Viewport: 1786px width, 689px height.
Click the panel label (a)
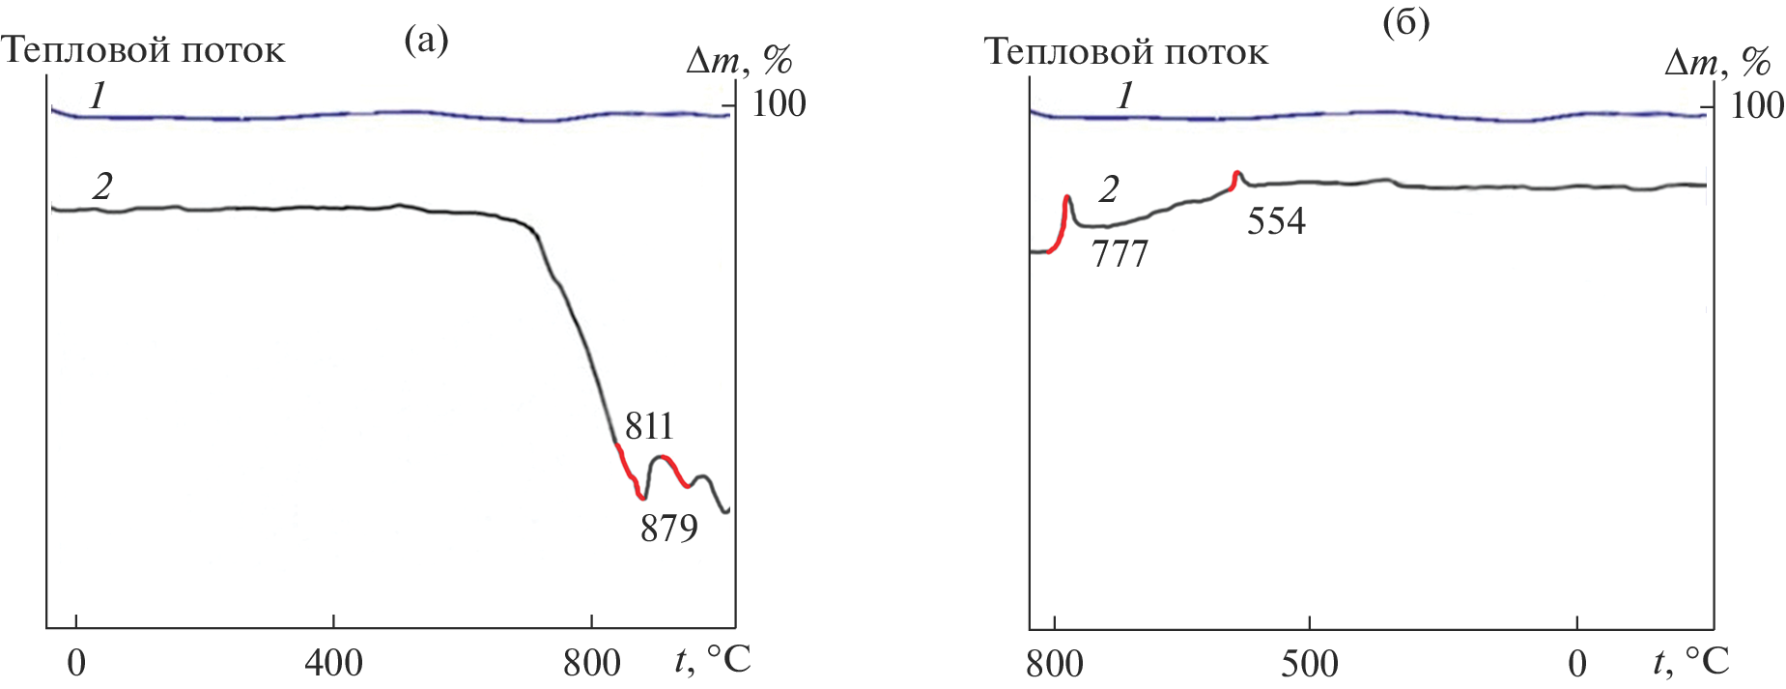click(426, 40)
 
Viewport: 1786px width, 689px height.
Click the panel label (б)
click(1405, 24)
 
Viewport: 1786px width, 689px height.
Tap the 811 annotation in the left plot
click(649, 425)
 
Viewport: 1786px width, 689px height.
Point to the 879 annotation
click(668, 529)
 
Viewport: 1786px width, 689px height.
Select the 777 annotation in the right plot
click(1120, 254)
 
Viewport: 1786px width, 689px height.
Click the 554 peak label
click(1276, 221)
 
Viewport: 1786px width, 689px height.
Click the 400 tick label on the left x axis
click(333, 663)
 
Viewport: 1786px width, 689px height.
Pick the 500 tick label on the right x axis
click(1310, 664)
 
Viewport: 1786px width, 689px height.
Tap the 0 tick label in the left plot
click(76, 663)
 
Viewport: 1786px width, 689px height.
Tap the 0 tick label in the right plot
click(1577, 664)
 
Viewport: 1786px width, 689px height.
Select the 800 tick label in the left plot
click(591, 663)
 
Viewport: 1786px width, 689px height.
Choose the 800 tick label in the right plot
click(1055, 664)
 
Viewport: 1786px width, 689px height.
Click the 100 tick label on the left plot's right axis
click(779, 103)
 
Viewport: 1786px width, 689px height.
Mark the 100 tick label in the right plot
click(1757, 105)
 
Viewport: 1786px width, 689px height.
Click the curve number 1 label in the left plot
click(97, 96)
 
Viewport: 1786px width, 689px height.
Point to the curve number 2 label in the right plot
click(1109, 189)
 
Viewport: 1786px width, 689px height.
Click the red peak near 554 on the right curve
click(1235, 179)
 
